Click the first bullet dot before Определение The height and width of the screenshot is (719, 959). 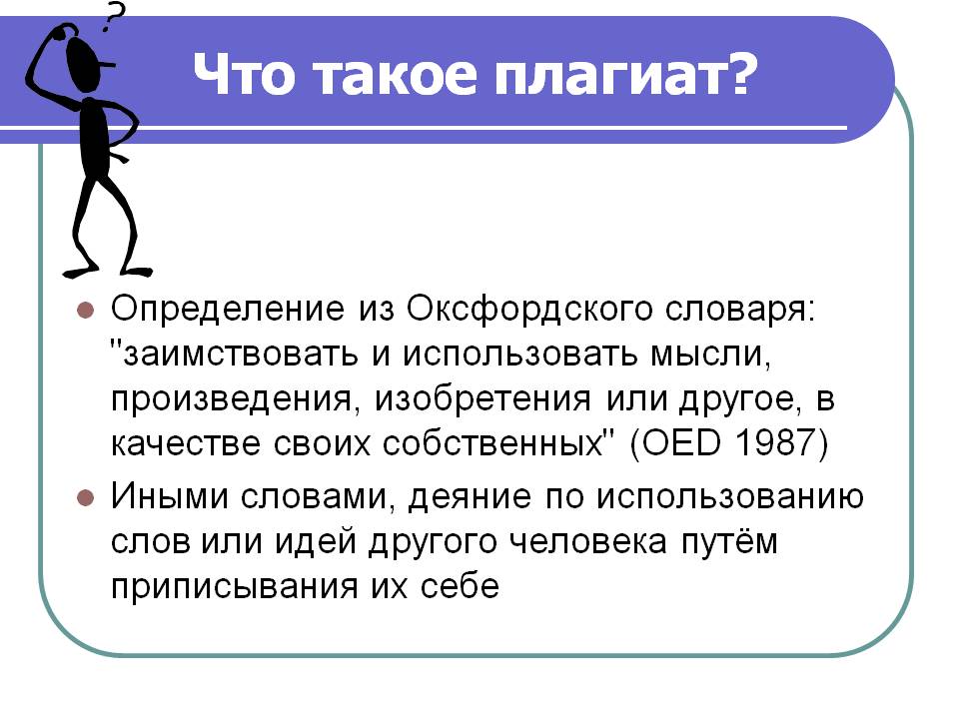coord(85,310)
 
